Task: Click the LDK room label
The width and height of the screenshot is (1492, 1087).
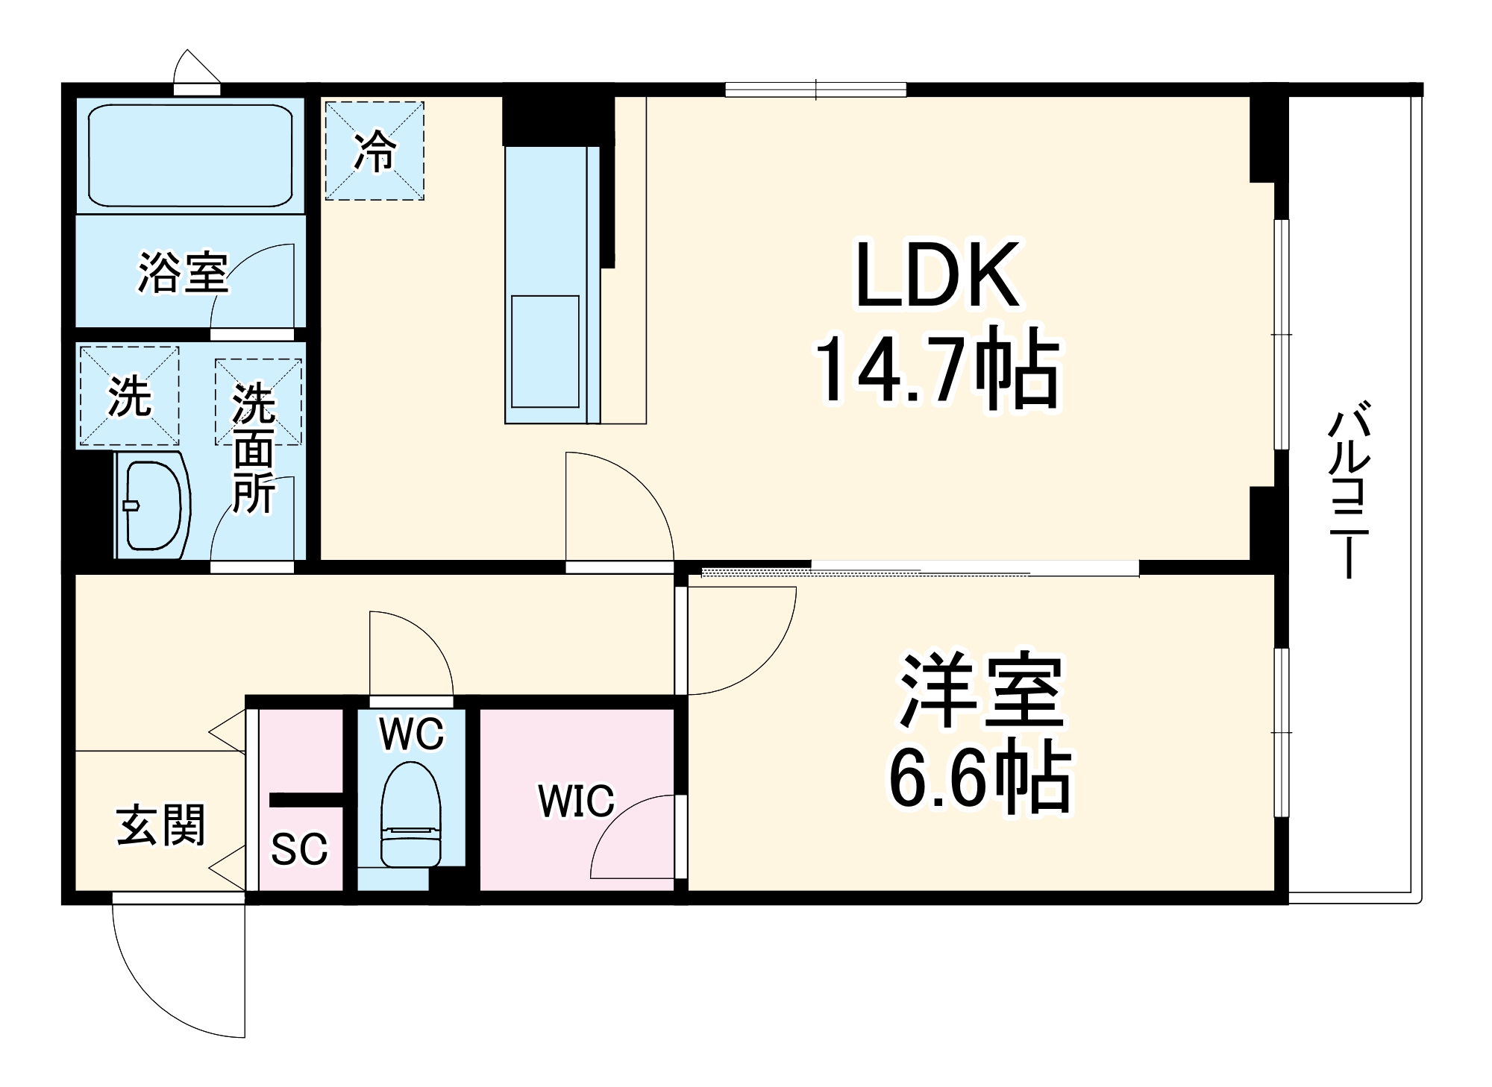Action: click(x=938, y=275)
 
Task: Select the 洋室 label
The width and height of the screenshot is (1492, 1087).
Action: click(x=981, y=691)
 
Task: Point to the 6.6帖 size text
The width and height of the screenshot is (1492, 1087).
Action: click(x=979, y=778)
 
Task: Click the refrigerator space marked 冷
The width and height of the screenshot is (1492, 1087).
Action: click(x=374, y=151)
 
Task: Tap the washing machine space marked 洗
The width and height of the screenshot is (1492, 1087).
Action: click(x=129, y=396)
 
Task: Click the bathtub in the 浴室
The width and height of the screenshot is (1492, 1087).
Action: click(x=190, y=155)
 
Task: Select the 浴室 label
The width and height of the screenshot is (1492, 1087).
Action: click(x=183, y=273)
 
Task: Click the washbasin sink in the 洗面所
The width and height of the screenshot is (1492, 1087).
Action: click(x=153, y=505)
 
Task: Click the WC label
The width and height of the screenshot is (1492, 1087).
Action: click(x=411, y=734)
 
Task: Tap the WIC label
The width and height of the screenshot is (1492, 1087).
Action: click(x=576, y=801)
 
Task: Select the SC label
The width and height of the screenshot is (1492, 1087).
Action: click(x=299, y=848)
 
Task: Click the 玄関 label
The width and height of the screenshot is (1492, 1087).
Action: click(x=161, y=826)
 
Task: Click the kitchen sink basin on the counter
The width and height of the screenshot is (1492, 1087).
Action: click(x=545, y=351)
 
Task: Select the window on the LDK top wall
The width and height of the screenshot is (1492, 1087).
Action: click(x=816, y=90)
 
